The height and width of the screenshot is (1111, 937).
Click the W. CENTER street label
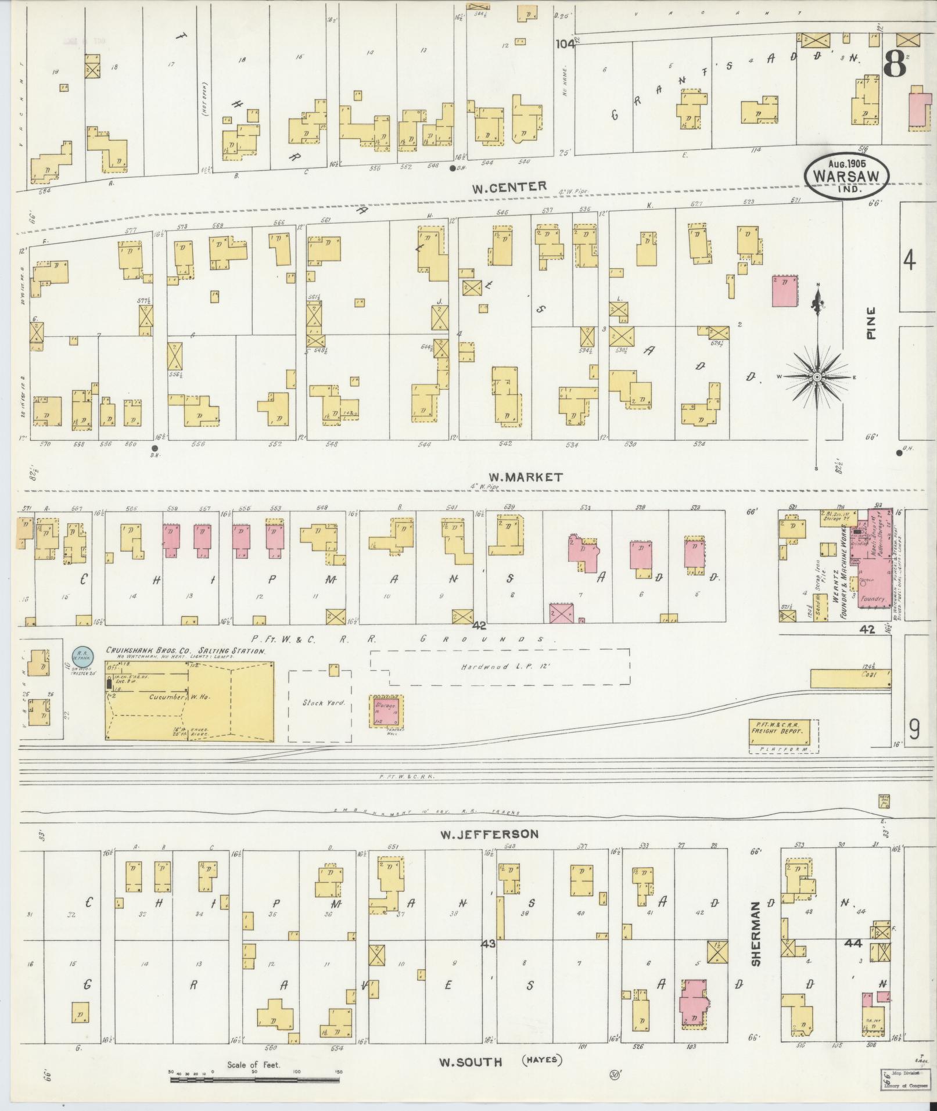(x=509, y=186)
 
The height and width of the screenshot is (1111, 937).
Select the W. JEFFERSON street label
(x=489, y=834)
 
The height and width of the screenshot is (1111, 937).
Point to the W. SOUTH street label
(x=470, y=1062)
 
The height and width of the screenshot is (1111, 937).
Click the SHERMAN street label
(x=756, y=942)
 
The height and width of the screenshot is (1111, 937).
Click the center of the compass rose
(x=816, y=377)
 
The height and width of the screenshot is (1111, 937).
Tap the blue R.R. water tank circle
(x=80, y=657)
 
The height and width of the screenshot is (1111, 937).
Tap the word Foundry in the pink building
(x=873, y=598)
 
